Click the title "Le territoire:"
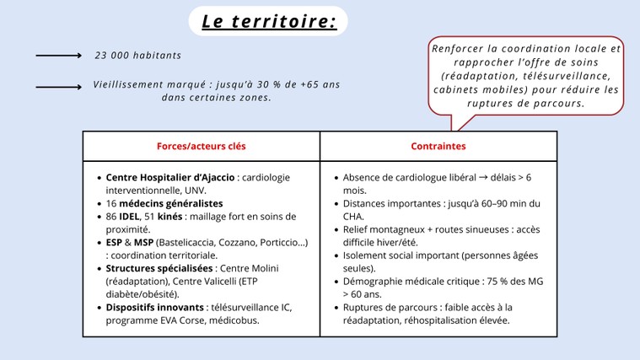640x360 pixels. (x=269, y=21)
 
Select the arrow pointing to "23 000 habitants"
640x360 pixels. (x=59, y=56)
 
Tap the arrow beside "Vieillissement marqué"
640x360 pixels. (x=59, y=87)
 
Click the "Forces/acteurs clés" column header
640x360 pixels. (x=202, y=146)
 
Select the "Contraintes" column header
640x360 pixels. (x=438, y=146)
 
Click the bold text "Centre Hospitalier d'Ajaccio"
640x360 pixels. (x=170, y=178)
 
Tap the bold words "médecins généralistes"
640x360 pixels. (x=171, y=204)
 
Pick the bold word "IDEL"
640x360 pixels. (x=129, y=217)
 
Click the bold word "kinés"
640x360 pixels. (x=169, y=217)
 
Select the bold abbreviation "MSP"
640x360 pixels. (x=143, y=243)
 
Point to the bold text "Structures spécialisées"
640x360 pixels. (x=159, y=269)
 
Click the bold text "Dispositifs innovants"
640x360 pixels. (x=154, y=308)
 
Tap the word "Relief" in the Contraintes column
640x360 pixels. (x=355, y=229)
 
